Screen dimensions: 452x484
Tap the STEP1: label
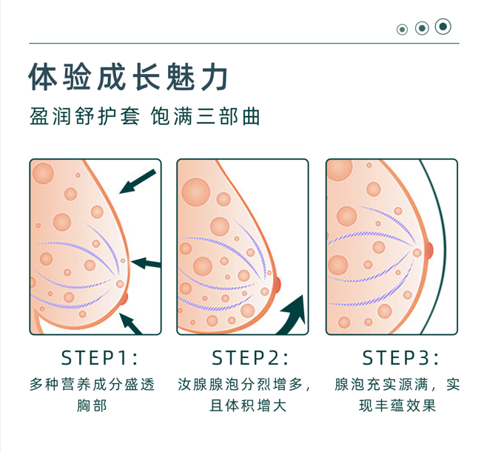click(99, 358)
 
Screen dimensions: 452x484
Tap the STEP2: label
click(249, 358)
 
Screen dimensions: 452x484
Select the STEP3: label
click(400, 358)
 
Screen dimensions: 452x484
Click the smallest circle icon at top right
click(403, 30)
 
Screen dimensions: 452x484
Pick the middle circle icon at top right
click(422, 28)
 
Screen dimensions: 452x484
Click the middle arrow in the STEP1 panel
click(146, 262)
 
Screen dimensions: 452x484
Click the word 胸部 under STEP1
click(93, 405)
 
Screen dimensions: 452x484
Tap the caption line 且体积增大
click(243, 405)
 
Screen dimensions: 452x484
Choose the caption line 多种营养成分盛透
click(93, 385)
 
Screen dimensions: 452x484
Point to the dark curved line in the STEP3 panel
click(445, 244)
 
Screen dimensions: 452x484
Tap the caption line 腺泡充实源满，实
click(397, 385)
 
